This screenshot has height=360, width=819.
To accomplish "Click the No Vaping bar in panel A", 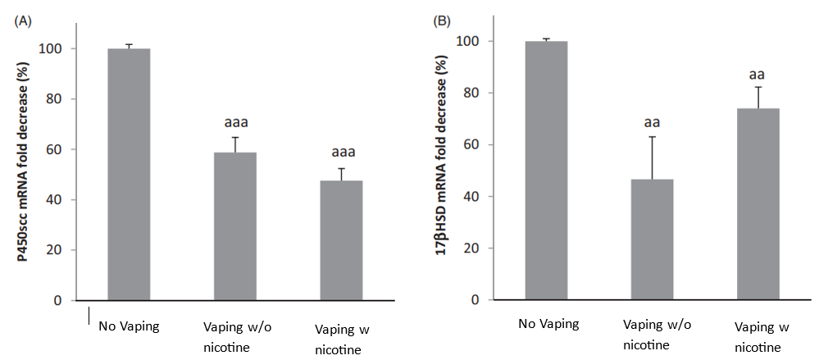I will click(x=129, y=174).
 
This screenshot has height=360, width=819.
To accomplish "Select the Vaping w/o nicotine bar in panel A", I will click(x=235, y=226).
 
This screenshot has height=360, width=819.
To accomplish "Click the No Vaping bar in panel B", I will click(x=547, y=171).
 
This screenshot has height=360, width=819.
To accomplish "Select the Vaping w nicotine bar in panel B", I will click(x=758, y=204).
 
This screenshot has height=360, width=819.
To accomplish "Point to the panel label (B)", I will click(x=443, y=21).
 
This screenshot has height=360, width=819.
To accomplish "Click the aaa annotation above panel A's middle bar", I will click(x=236, y=123).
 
